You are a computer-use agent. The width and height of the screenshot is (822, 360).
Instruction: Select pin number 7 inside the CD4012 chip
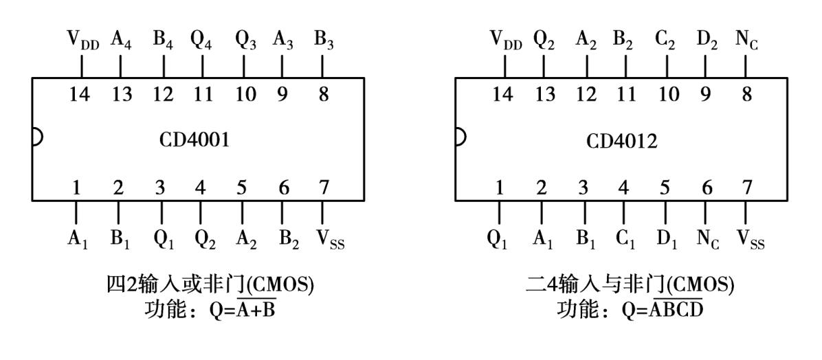click(747, 188)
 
